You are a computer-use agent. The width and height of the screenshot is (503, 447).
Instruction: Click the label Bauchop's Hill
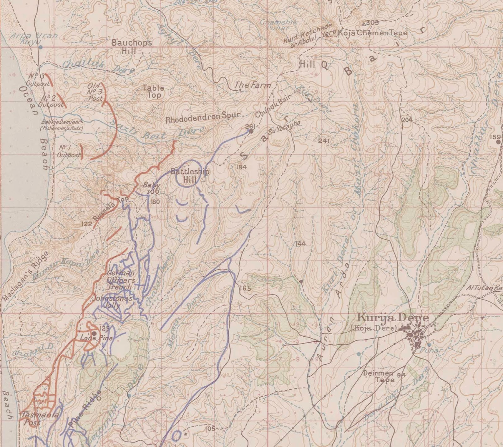(132, 47)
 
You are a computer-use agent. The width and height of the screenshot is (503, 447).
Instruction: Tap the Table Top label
(153, 91)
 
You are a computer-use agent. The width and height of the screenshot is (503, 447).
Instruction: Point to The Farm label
(252, 85)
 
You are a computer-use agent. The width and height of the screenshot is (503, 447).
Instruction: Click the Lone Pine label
(92, 339)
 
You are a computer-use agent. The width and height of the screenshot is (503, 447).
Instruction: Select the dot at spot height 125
(94, 333)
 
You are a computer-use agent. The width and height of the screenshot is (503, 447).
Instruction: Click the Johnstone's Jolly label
(114, 301)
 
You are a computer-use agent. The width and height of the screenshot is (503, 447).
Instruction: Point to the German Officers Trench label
(120, 280)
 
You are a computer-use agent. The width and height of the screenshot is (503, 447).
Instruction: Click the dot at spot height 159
(498, 142)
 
